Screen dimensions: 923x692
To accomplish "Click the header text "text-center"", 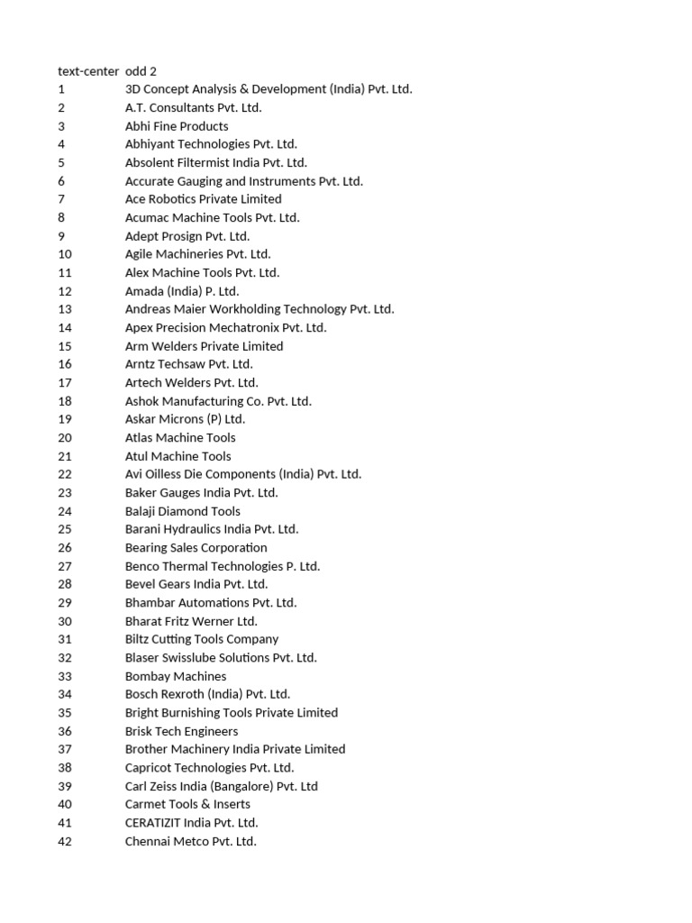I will pos(87,71).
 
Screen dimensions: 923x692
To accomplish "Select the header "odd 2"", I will pos(141,71).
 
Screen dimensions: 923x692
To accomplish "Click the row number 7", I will pos(61,199).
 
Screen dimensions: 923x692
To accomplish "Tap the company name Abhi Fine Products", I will pos(177,126).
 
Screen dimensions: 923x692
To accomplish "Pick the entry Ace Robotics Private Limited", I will pos(203,199).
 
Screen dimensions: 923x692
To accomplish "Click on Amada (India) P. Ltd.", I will pos(182,291).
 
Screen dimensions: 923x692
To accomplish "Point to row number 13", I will pos(65,309).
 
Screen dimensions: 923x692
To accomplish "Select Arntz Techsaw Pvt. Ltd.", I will pos(189,364).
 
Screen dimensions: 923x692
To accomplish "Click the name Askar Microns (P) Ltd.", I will pos(185,419).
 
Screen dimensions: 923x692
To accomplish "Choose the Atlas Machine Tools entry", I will pos(180,438).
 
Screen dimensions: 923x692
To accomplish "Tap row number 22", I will pos(65,474).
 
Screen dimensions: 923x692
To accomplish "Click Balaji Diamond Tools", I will pos(183,511).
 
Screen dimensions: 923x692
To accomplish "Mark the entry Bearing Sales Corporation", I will pos(196,548).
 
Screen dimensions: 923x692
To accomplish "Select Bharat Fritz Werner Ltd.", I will pos(191,621).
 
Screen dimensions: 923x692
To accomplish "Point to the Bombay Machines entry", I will pos(176,676).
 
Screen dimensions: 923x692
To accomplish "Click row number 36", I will pos(65,731).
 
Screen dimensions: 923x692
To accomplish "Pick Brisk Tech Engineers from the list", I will pos(182,731).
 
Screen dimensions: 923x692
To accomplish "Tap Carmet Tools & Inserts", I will pos(187,804).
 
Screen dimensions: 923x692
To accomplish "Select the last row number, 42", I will pos(65,841).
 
